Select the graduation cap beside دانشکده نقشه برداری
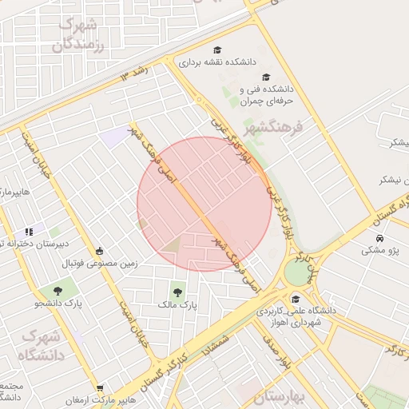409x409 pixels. (218, 50)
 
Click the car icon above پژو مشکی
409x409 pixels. (379, 237)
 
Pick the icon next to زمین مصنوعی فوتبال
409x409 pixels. (99, 250)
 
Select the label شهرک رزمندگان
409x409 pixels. (78, 34)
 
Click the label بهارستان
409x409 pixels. (280, 397)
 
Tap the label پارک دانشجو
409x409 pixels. (58, 304)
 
